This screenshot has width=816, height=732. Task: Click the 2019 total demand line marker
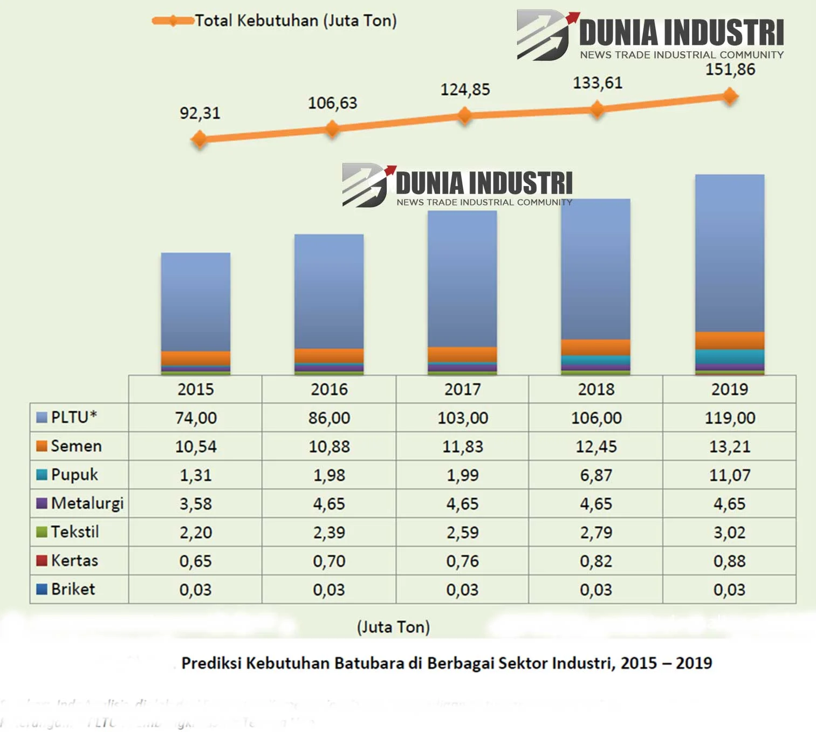coord(730,96)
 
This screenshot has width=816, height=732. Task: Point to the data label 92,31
coord(200,113)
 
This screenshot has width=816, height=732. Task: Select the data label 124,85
coord(465,89)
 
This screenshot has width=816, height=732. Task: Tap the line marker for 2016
coord(332,128)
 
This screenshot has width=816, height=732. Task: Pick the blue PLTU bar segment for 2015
coord(196,302)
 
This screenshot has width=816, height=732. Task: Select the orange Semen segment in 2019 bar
coord(730,341)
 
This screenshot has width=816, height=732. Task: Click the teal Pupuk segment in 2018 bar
coord(596,360)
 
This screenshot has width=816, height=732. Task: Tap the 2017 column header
coord(462,389)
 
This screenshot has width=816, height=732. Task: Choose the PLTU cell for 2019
coord(730,418)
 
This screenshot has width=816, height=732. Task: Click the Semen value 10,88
coord(329,446)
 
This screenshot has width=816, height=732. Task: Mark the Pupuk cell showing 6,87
coord(596,475)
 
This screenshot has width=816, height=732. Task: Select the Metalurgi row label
coord(87,503)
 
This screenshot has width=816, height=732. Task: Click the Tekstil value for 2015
coord(196,533)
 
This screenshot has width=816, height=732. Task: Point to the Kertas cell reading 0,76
coord(462,561)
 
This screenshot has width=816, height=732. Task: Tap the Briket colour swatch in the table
coord(42,589)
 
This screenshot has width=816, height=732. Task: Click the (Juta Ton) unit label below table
coord(393,627)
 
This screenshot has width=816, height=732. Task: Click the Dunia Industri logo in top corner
coord(650,35)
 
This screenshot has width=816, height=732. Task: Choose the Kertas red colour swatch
coord(42,561)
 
